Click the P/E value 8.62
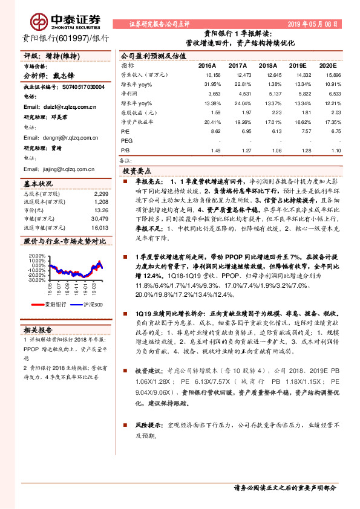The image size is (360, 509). point(215,130)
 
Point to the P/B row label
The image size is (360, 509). point(125,149)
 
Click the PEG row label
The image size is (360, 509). point(126,140)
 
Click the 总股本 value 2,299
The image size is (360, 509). point(101,193)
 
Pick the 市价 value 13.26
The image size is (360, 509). point(101,210)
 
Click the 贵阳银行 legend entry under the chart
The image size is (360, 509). point(53,305)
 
